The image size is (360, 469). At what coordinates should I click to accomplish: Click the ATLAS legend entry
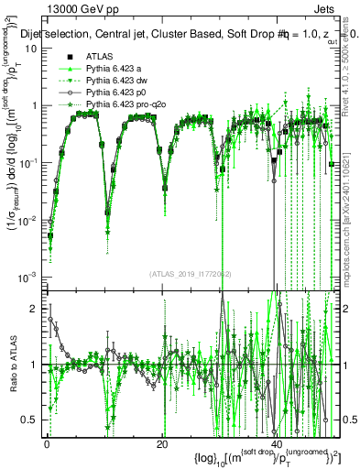(x=98, y=58)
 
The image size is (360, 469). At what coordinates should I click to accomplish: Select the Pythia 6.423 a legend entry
(x=117, y=70)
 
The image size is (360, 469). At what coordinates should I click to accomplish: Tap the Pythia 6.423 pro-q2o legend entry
(x=125, y=105)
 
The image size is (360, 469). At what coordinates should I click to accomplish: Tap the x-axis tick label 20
(x=161, y=444)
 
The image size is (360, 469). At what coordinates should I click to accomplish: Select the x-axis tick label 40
(x=276, y=444)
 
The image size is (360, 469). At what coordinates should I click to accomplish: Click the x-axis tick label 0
(x=48, y=444)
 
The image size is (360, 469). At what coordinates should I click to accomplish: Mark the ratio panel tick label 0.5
(x=29, y=420)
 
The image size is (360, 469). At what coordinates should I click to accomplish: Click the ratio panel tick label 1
(x=34, y=365)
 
